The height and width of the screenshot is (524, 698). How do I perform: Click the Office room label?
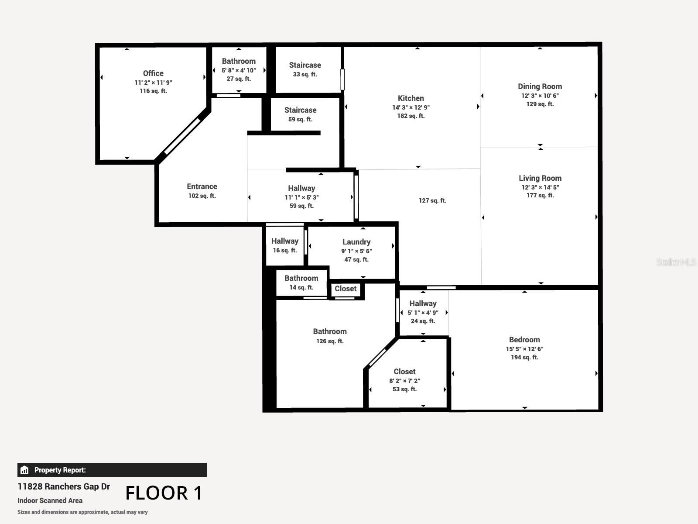[x=153, y=73]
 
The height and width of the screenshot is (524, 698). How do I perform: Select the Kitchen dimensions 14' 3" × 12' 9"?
[x=411, y=107]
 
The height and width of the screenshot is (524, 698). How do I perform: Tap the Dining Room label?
[x=540, y=86]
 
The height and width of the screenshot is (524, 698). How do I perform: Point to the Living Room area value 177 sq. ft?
[x=540, y=195]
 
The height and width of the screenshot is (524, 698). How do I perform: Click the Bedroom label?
[x=524, y=340]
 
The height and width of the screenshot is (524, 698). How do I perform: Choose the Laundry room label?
[x=356, y=242]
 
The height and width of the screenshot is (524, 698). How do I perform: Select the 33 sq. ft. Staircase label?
[x=305, y=65]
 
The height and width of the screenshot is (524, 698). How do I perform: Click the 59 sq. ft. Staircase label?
[x=300, y=110]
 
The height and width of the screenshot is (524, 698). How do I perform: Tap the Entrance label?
[x=202, y=186]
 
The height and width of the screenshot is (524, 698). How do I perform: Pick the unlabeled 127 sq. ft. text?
[x=432, y=200]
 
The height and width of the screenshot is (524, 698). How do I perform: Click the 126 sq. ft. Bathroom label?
[x=330, y=332]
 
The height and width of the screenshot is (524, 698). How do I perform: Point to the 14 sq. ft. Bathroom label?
[x=301, y=278]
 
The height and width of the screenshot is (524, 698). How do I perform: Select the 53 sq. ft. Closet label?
[x=404, y=372]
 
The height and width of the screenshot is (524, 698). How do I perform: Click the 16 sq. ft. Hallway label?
[x=285, y=241]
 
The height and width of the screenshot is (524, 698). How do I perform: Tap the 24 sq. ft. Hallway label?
[x=423, y=303]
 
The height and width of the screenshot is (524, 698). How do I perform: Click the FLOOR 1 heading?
[x=164, y=493]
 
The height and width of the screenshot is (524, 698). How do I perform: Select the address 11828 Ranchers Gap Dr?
[x=64, y=486]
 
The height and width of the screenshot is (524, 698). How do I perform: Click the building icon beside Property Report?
[x=24, y=470]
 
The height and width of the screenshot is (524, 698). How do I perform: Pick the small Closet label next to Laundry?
[x=346, y=289]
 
